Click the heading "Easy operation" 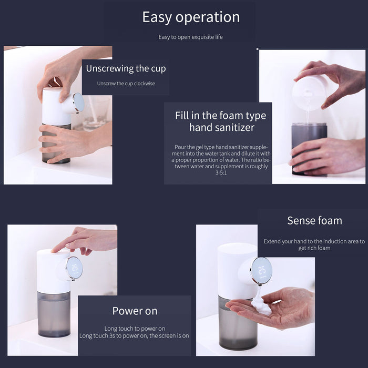(x=191, y=17)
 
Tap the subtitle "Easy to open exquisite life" (x=190, y=37)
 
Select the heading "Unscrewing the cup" (x=126, y=68)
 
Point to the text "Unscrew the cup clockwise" (x=126, y=83)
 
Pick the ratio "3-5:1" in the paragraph (x=221, y=173)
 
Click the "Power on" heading (x=135, y=311)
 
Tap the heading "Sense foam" (x=314, y=221)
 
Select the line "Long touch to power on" (x=135, y=329)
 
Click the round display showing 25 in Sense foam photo (x=261, y=270)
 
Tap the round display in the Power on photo (x=74, y=268)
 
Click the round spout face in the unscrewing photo (x=78, y=103)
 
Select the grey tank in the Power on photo (x=54, y=314)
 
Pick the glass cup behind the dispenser (x=97, y=113)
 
